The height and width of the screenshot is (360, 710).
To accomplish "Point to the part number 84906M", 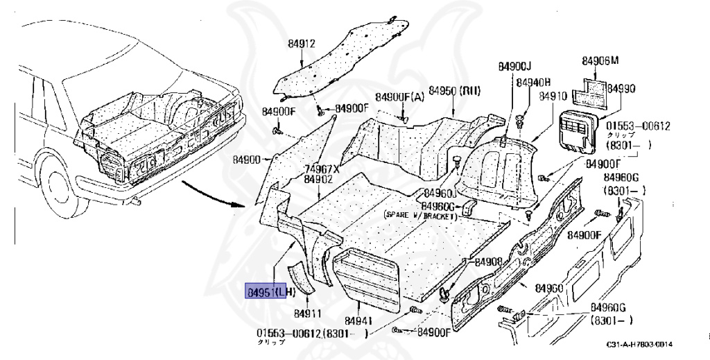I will point(600,60).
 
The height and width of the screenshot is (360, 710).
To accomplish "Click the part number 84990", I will point(621,89).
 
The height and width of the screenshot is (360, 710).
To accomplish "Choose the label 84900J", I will point(514,66).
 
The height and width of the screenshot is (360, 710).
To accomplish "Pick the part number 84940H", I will point(532,82).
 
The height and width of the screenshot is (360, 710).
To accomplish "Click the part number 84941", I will point(359,320).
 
